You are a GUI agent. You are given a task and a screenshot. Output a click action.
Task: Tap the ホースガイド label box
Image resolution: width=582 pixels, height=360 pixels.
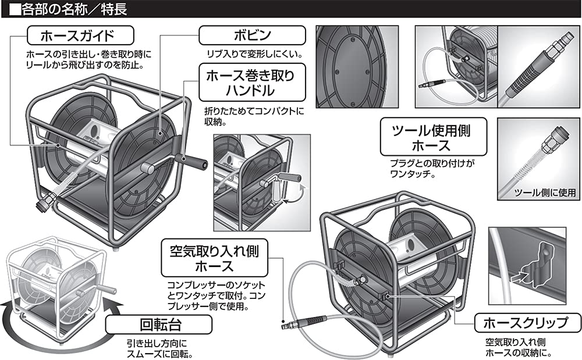(x=80, y=36)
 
